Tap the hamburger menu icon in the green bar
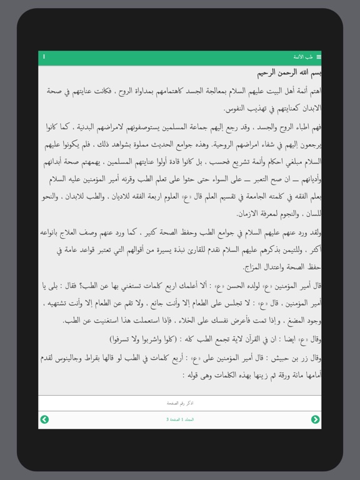[x=318, y=57]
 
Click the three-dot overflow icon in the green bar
[x=44, y=57]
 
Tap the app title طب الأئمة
[x=304, y=57]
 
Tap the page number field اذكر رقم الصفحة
[x=180, y=403]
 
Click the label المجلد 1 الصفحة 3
[x=180, y=419]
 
